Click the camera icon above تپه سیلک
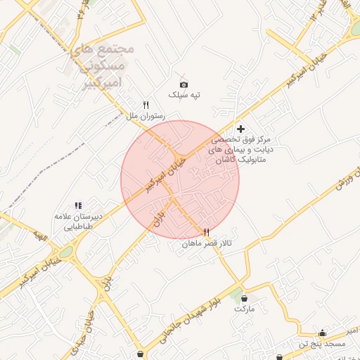coord(184,84)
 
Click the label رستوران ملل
coord(145,115)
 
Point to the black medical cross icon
coord(241,129)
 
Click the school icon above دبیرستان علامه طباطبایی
coord(78,205)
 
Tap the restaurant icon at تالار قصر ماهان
coord(206,232)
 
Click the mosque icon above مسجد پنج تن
coord(323,333)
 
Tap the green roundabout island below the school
coord(66,251)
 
